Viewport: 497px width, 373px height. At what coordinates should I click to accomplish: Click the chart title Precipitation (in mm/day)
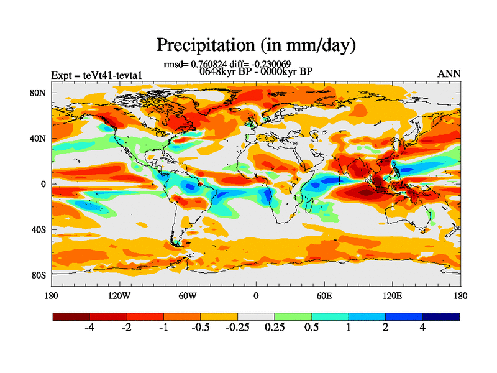coord(255,45)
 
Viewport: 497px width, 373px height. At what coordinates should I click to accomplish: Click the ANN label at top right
coord(449,73)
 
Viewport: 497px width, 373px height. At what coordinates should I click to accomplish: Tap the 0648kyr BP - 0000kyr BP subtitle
coord(256,71)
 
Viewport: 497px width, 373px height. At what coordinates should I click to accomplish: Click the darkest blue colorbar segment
coord(441,316)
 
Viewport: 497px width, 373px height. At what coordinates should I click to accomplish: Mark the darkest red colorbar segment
coord(71,316)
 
